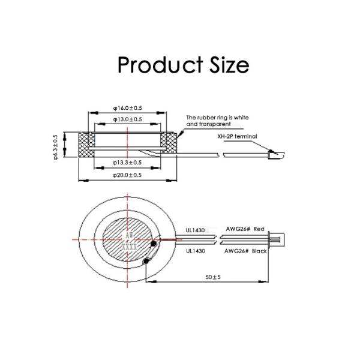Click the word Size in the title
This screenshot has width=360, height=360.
tap(226, 64)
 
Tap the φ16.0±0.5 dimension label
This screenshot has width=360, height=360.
tap(127, 108)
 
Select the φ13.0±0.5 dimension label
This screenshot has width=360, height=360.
tap(127, 119)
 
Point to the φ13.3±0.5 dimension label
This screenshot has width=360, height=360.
tap(127, 163)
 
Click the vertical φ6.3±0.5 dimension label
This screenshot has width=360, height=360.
tap(56, 146)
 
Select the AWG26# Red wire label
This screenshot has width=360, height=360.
tap(244, 229)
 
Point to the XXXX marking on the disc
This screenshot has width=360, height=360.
tap(129, 247)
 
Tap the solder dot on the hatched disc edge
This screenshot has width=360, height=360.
tap(154, 244)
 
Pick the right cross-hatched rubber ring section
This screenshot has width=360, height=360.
tap(172, 145)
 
